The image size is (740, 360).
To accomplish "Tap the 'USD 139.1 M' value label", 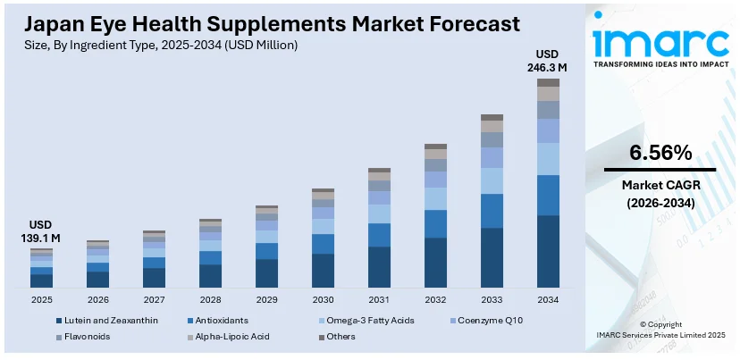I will [x=42, y=231].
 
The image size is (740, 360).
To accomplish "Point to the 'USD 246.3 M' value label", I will [x=547, y=60].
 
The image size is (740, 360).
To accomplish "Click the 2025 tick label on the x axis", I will [x=42, y=300].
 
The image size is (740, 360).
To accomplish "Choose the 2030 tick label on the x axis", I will [x=323, y=300].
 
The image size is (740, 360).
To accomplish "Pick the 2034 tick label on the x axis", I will [x=548, y=300].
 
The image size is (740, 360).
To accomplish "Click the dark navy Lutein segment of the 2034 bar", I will [x=548, y=251].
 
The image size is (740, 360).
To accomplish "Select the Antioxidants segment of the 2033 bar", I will [x=492, y=211].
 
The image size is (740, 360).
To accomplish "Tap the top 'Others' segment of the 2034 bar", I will [x=548, y=82].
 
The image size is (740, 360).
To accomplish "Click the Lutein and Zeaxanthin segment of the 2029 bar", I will [x=267, y=272].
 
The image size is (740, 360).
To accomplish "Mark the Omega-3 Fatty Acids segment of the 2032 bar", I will [x=435, y=198].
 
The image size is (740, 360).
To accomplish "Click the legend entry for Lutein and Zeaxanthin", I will [x=111, y=320].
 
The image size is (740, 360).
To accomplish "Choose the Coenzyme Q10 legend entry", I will [x=496, y=320].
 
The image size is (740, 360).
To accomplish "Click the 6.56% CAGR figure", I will [x=660, y=153].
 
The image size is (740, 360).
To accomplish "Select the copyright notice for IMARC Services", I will [x=660, y=330].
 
